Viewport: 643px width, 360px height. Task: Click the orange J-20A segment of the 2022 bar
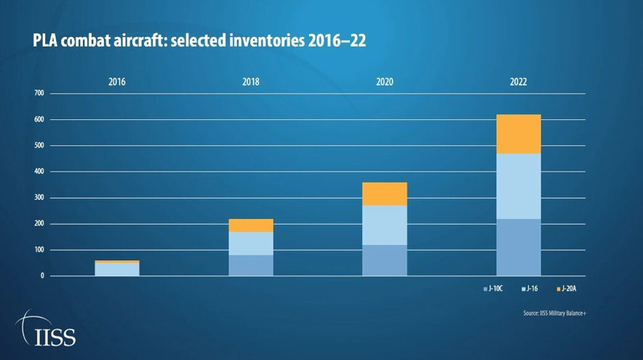coord(518,134)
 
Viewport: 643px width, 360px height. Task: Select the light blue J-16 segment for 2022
coord(518,185)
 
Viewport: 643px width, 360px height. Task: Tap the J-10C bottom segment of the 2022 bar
coord(518,247)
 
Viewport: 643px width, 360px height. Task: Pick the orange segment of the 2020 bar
coord(385,193)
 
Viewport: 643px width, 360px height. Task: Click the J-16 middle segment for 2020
coord(385,225)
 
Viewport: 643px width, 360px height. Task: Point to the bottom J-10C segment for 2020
coord(385,260)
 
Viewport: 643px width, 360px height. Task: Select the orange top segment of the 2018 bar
coord(250,225)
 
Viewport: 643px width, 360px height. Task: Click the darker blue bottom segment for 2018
coord(250,265)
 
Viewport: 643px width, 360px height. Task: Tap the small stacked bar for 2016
coord(117,268)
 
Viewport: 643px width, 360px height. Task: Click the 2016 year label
coord(117,82)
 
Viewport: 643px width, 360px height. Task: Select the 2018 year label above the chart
coord(250,82)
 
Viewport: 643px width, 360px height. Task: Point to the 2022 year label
coord(518,82)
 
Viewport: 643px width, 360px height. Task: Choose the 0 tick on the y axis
coord(43,276)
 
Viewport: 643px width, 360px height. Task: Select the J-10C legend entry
coord(493,288)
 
